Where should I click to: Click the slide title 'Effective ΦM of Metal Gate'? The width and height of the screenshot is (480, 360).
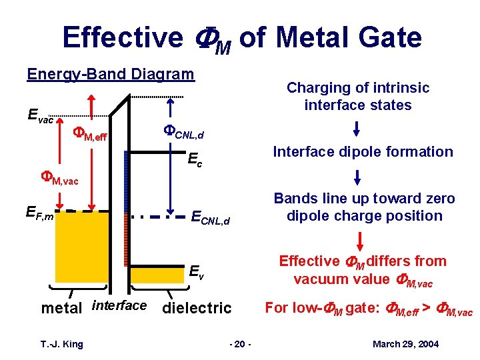(242, 37)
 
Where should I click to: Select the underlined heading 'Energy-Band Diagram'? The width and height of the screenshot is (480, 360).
(111, 74)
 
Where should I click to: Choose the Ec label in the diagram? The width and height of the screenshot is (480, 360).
(195, 161)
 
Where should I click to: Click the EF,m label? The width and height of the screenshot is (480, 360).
(39, 213)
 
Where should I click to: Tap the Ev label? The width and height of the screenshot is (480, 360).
(196, 272)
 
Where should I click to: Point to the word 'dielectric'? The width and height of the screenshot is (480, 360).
(197, 308)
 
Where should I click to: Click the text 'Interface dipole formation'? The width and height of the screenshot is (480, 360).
(363, 152)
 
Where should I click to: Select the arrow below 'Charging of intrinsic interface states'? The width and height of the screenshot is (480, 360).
(357, 128)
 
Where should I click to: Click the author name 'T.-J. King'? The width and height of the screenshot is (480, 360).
(61, 344)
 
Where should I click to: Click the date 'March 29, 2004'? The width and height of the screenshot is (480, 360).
(406, 344)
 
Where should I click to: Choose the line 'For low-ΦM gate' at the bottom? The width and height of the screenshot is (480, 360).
(369, 308)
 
